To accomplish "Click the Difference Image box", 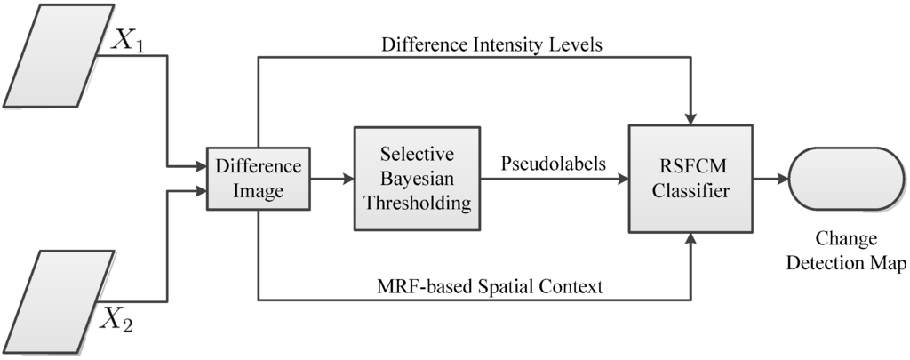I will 259,178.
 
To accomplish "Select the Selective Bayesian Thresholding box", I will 411,178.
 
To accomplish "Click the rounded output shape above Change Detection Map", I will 847,179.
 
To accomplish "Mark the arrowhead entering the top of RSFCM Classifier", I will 690,117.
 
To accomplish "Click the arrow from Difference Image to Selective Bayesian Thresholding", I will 333,179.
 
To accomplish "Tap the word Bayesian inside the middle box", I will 411,178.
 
